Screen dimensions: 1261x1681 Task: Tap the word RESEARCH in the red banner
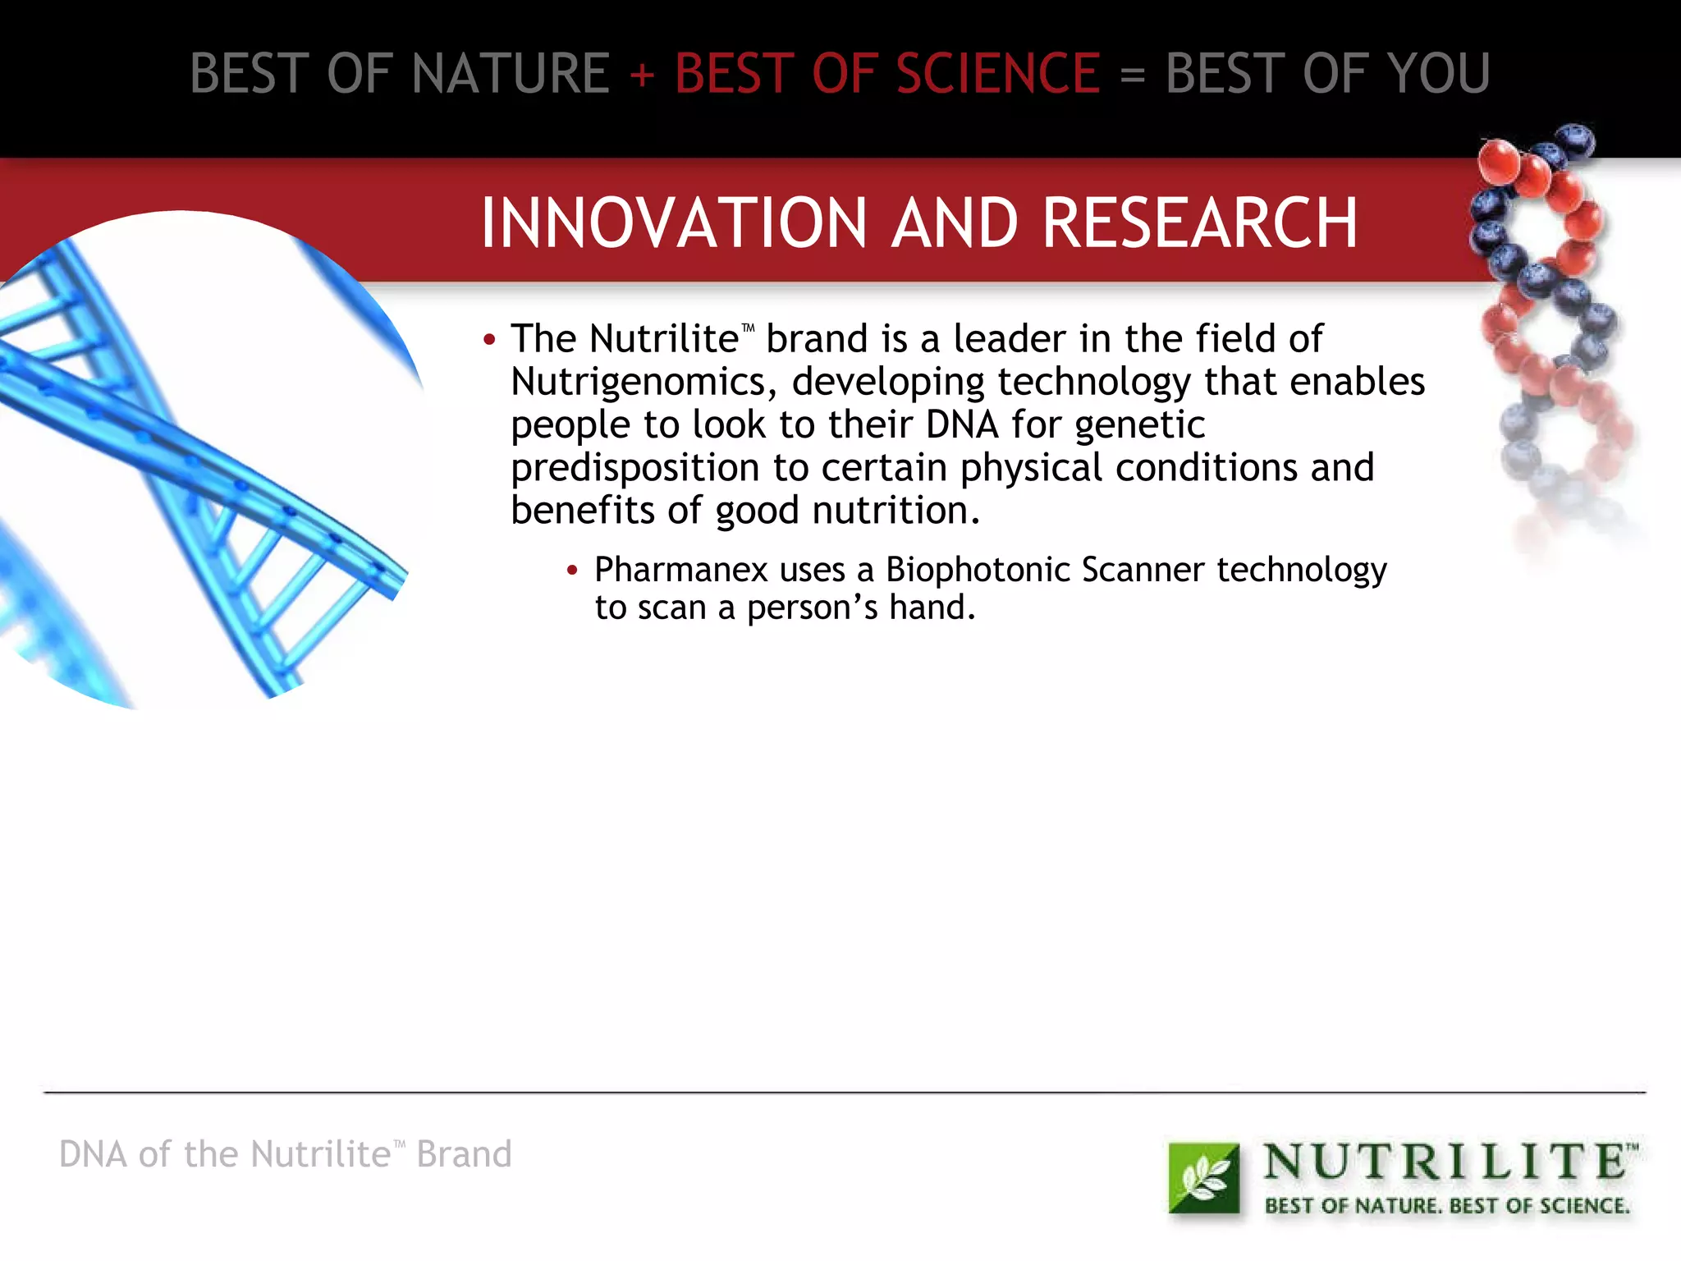[x=1200, y=223]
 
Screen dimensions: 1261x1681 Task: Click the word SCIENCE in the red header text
[x=997, y=74]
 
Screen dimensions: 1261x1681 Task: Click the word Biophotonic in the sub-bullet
[x=978, y=570]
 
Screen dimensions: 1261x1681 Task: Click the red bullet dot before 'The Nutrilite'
[x=490, y=340]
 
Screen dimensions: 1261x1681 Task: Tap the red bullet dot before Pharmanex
[x=573, y=570]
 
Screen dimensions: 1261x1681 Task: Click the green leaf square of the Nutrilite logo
[x=1203, y=1178]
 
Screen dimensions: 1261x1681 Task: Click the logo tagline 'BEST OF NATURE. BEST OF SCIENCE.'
[x=1446, y=1206]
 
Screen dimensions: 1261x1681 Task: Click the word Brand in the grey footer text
[x=464, y=1154]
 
